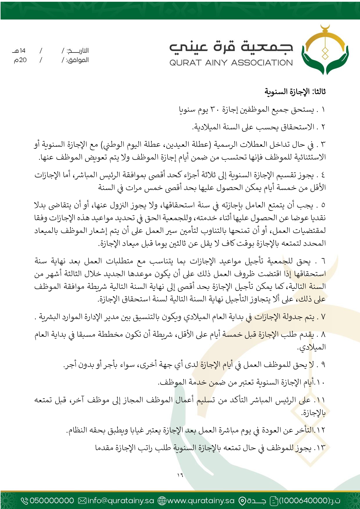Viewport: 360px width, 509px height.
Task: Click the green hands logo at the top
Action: point(325,51)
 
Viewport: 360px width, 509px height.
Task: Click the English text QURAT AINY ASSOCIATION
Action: point(231,63)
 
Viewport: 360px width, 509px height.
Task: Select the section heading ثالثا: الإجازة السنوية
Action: point(295,92)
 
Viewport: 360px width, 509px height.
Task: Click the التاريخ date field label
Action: point(78,51)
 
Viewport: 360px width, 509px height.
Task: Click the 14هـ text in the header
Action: point(19,51)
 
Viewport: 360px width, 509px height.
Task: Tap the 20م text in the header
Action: point(20,60)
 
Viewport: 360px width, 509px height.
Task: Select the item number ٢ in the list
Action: point(323,127)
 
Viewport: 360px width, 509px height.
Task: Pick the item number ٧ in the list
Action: point(323,317)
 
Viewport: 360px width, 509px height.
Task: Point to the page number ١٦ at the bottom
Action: point(180,475)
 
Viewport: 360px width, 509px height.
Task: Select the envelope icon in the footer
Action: point(83,501)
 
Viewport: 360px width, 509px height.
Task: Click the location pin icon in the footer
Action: point(242,501)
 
